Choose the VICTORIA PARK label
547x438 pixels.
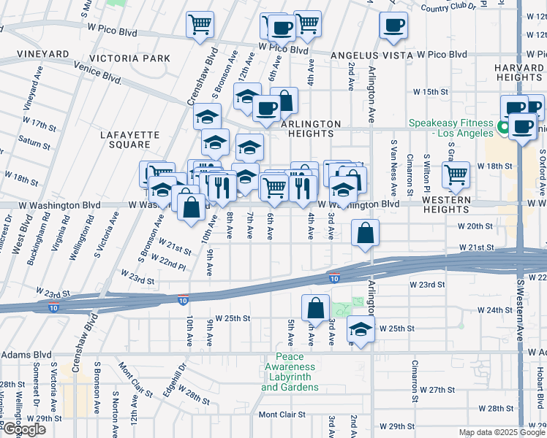point(129,58)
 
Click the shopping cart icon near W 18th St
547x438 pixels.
point(456,174)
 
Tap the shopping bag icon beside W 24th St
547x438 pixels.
point(315,307)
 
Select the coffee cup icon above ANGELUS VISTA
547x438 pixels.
point(393,26)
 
